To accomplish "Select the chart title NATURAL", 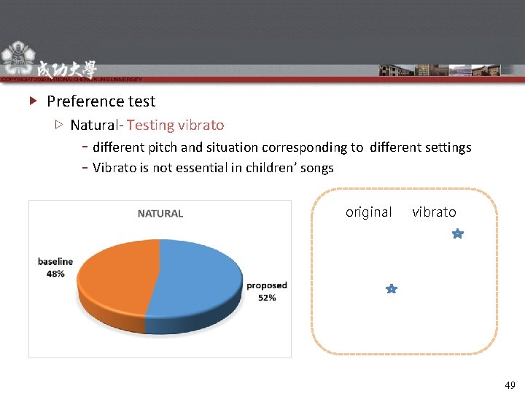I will point(160,214).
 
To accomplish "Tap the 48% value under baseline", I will point(55,274).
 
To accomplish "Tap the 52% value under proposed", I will point(267,298).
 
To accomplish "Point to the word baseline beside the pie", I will point(55,261).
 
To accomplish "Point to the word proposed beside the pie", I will point(267,285).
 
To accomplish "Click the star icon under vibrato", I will point(456,234).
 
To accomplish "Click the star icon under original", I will point(391,290).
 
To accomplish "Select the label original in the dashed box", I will point(368,212).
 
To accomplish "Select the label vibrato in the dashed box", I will point(434,212).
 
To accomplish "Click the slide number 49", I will point(510,385).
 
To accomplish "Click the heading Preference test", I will point(101,101).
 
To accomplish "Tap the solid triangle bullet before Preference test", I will point(33,101).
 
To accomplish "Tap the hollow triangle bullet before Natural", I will point(59,125).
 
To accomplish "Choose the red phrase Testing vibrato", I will point(175,125).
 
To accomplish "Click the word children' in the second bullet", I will point(273,168).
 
